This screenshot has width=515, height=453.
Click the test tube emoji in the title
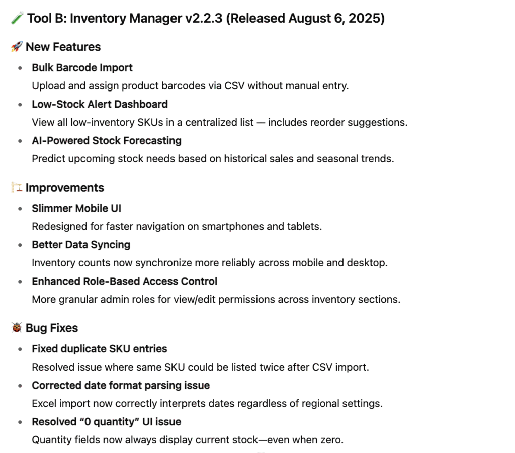click(17, 19)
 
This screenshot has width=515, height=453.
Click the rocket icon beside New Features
click(16, 47)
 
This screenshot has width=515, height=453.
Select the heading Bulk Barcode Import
click(82, 67)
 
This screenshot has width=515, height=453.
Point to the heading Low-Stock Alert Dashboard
click(100, 104)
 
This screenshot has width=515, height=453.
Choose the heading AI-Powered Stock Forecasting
click(107, 140)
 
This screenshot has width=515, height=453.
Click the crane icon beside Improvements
click(16, 188)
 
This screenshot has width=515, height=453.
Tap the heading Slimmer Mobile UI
click(76, 208)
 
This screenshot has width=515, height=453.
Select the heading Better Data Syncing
click(81, 245)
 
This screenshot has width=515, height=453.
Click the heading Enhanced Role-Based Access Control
click(125, 281)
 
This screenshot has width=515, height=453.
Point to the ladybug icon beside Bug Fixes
click(16, 328)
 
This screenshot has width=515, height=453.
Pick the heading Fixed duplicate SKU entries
click(100, 349)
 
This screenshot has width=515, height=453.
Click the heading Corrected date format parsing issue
click(121, 385)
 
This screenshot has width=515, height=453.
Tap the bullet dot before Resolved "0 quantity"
click(20, 422)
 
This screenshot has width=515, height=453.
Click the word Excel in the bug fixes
click(44, 403)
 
